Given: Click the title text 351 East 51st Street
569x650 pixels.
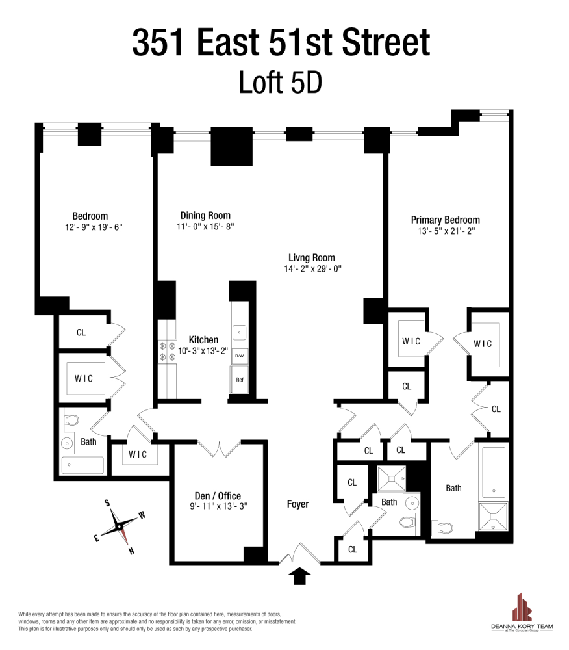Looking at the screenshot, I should pos(281,43).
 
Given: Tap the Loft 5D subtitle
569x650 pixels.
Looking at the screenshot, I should pos(281,83).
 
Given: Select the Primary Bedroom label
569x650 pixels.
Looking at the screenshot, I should pos(445,220).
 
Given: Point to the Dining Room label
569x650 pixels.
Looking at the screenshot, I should pos(205,216).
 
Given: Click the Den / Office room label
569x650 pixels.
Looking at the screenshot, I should pos(218,496).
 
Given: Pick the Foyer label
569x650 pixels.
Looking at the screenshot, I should pos(297,504).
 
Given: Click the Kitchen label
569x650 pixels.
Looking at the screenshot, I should pos(203,340).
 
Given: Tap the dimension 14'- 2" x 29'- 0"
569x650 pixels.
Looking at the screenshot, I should pos(312,269).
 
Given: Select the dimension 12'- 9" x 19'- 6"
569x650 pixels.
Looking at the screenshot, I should pos(90,227).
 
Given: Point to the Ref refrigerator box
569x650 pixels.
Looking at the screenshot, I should pos(239,380).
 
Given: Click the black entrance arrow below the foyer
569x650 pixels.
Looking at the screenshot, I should pos(299,575).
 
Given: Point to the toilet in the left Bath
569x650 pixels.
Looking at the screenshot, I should pos(71,421).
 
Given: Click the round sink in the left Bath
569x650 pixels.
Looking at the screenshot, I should pos(67,443).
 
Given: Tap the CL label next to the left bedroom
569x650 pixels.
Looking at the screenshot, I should pos(81,332).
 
